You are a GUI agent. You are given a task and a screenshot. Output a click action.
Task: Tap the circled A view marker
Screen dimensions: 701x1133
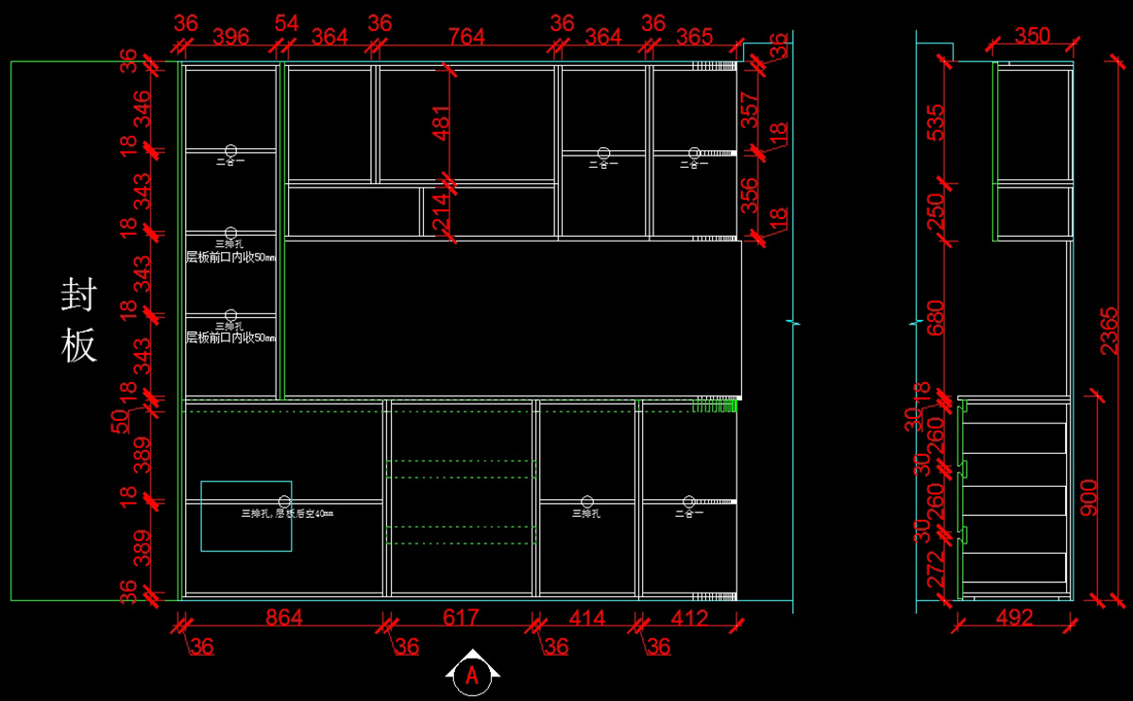(472, 674)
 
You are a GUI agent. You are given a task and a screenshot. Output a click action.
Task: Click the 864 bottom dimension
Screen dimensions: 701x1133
(283, 618)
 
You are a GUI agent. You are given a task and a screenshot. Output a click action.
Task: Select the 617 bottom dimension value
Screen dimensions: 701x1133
(461, 618)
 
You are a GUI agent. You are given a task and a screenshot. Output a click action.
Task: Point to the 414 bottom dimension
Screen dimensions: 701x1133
(586, 618)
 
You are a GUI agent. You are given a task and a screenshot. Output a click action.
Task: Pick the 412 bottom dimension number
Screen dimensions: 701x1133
(689, 618)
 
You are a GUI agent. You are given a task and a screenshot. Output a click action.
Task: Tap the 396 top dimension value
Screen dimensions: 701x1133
(230, 36)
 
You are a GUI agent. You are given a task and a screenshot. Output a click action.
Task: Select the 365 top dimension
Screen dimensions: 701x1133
(694, 36)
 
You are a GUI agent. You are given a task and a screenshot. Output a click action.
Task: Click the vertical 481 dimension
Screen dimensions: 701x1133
(441, 121)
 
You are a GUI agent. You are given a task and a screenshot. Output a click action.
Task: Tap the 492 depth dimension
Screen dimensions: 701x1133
(1014, 618)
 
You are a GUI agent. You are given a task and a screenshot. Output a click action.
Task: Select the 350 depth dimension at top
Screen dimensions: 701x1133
(1032, 36)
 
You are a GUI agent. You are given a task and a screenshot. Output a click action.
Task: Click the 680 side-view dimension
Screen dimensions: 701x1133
(935, 319)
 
